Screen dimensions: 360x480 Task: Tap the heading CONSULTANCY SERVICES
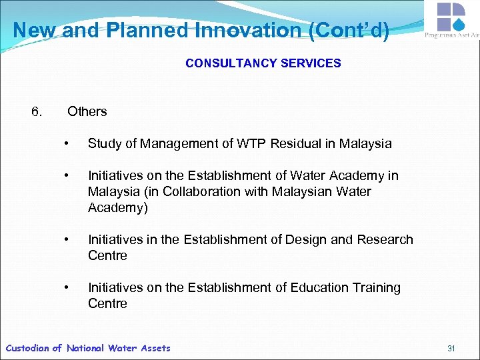point(263,63)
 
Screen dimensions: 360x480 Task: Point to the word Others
point(87,111)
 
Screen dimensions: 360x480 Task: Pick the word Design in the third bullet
point(285,239)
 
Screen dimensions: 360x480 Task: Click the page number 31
point(451,348)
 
